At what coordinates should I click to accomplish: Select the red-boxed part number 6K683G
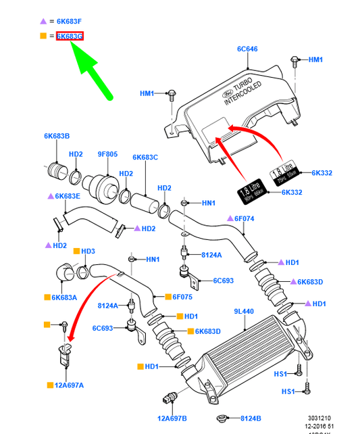[x=70, y=36]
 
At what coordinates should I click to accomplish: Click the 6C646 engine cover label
[x=248, y=49]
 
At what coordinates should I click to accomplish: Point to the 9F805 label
[x=107, y=153]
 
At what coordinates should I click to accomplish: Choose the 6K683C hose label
[x=145, y=158]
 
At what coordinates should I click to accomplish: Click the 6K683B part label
[x=57, y=136]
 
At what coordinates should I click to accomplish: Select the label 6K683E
[x=68, y=196]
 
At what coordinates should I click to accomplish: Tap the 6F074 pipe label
[x=244, y=218]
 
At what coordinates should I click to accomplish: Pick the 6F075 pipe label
[x=182, y=297]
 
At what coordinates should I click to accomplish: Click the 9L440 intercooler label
[x=245, y=312]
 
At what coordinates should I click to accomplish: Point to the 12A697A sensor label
[x=70, y=385]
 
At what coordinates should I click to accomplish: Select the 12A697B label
[x=172, y=418]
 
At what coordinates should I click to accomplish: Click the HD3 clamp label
[x=88, y=251]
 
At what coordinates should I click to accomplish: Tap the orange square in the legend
[x=43, y=36]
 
